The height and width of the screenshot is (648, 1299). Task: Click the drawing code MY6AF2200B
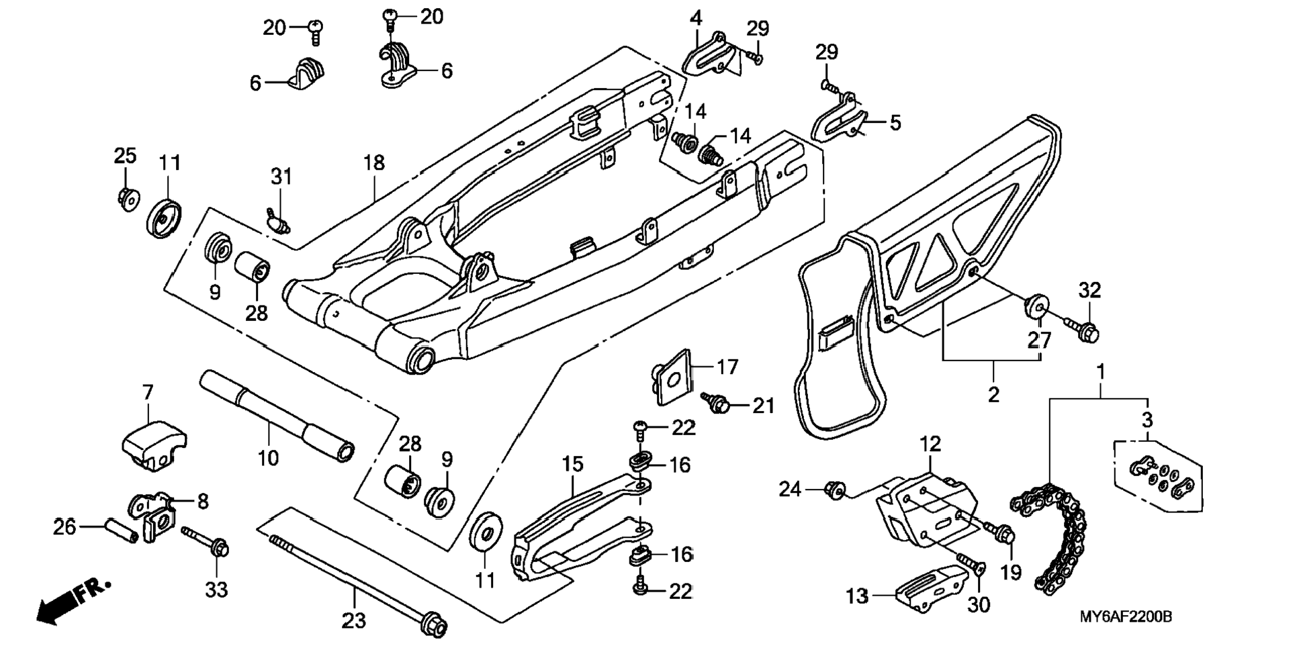click(1125, 616)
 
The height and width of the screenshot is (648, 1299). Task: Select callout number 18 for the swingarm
click(374, 163)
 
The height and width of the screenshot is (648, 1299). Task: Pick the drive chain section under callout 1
click(1048, 537)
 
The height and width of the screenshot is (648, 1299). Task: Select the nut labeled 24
click(834, 492)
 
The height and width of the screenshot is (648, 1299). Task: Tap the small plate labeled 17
click(672, 377)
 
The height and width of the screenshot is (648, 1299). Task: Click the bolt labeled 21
click(716, 402)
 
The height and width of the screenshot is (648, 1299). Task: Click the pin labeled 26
click(121, 529)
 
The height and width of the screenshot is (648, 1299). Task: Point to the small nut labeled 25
click(126, 199)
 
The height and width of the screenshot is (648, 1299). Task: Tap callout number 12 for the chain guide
click(930, 444)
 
